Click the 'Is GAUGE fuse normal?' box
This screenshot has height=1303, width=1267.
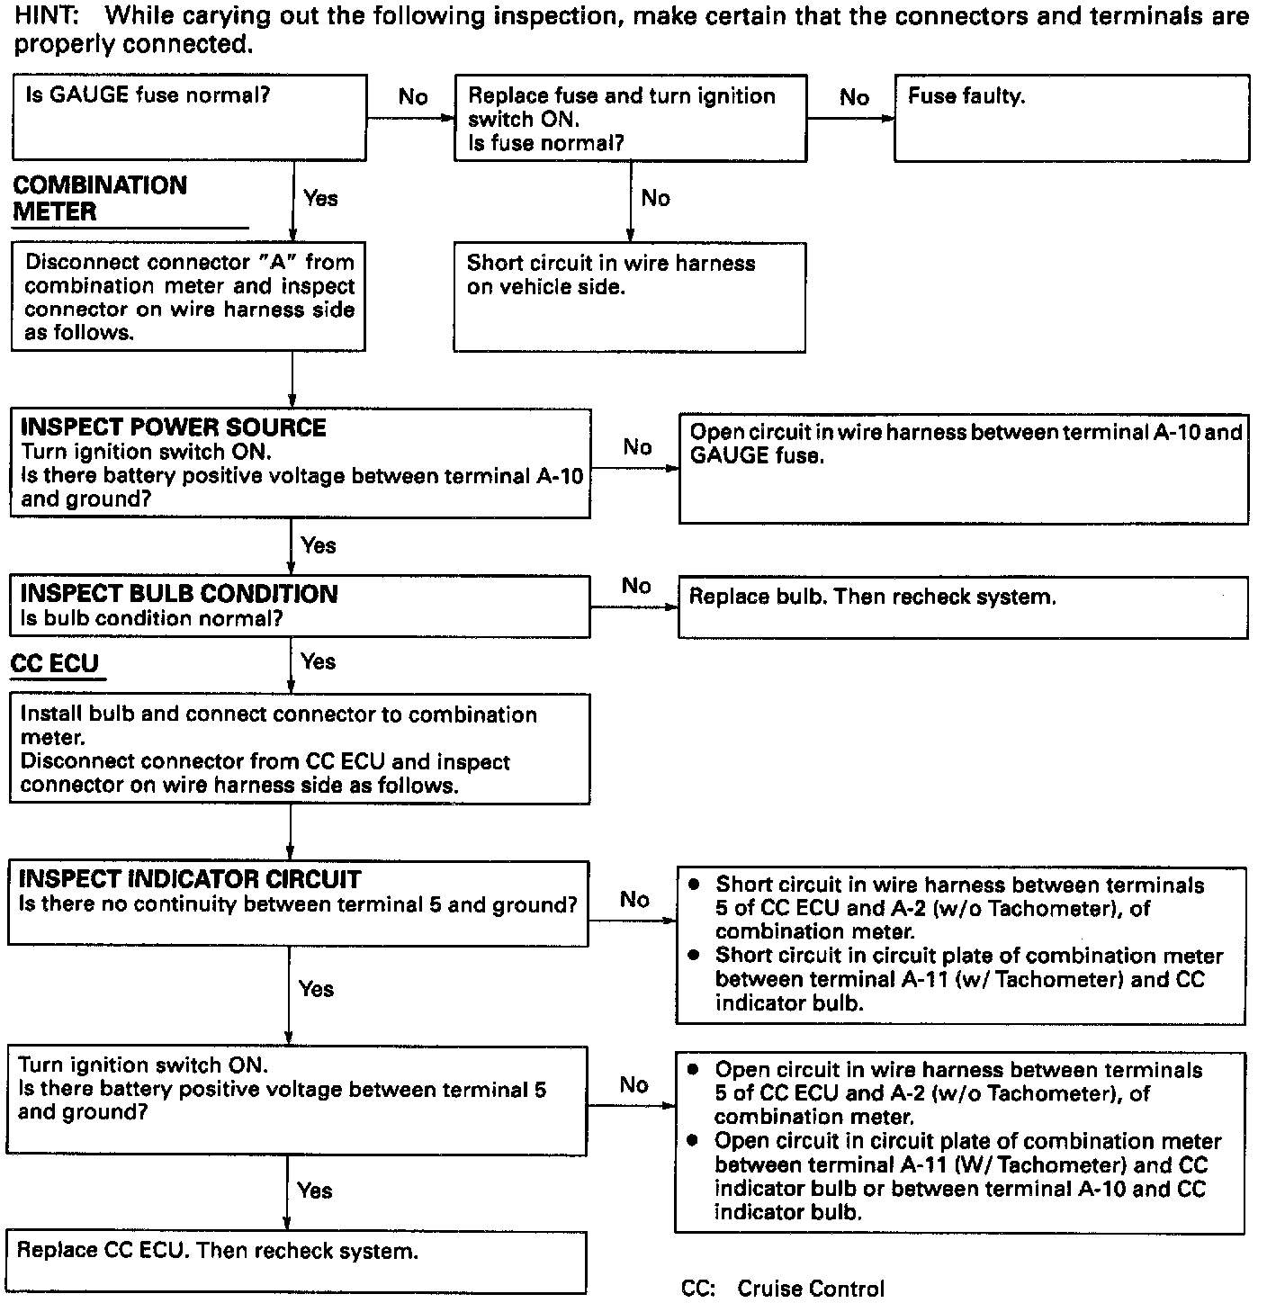coord(189,118)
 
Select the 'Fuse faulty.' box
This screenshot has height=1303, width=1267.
coord(1071,118)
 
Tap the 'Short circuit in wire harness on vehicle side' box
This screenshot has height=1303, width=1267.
coord(629,297)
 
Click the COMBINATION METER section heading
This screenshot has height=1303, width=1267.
coord(100,198)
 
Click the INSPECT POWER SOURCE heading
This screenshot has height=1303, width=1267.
coord(173,427)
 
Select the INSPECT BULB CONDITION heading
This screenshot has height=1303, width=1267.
coord(178,594)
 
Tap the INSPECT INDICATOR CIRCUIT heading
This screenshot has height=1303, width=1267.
coord(190,879)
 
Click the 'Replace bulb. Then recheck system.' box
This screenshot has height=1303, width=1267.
coord(962,607)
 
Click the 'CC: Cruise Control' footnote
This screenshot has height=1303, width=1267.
coord(783,1289)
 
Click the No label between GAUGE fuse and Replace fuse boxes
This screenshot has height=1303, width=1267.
coord(413,97)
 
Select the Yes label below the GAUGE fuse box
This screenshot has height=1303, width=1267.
coord(321,199)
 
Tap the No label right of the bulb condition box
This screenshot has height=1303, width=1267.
coord(636,586)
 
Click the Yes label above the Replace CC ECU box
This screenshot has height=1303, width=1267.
coord(315,1191)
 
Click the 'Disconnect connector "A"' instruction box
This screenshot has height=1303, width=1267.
coord(188,296)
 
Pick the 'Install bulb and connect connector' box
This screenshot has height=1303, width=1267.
coord(300,749)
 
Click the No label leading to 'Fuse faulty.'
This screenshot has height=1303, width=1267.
coord(854,97)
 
